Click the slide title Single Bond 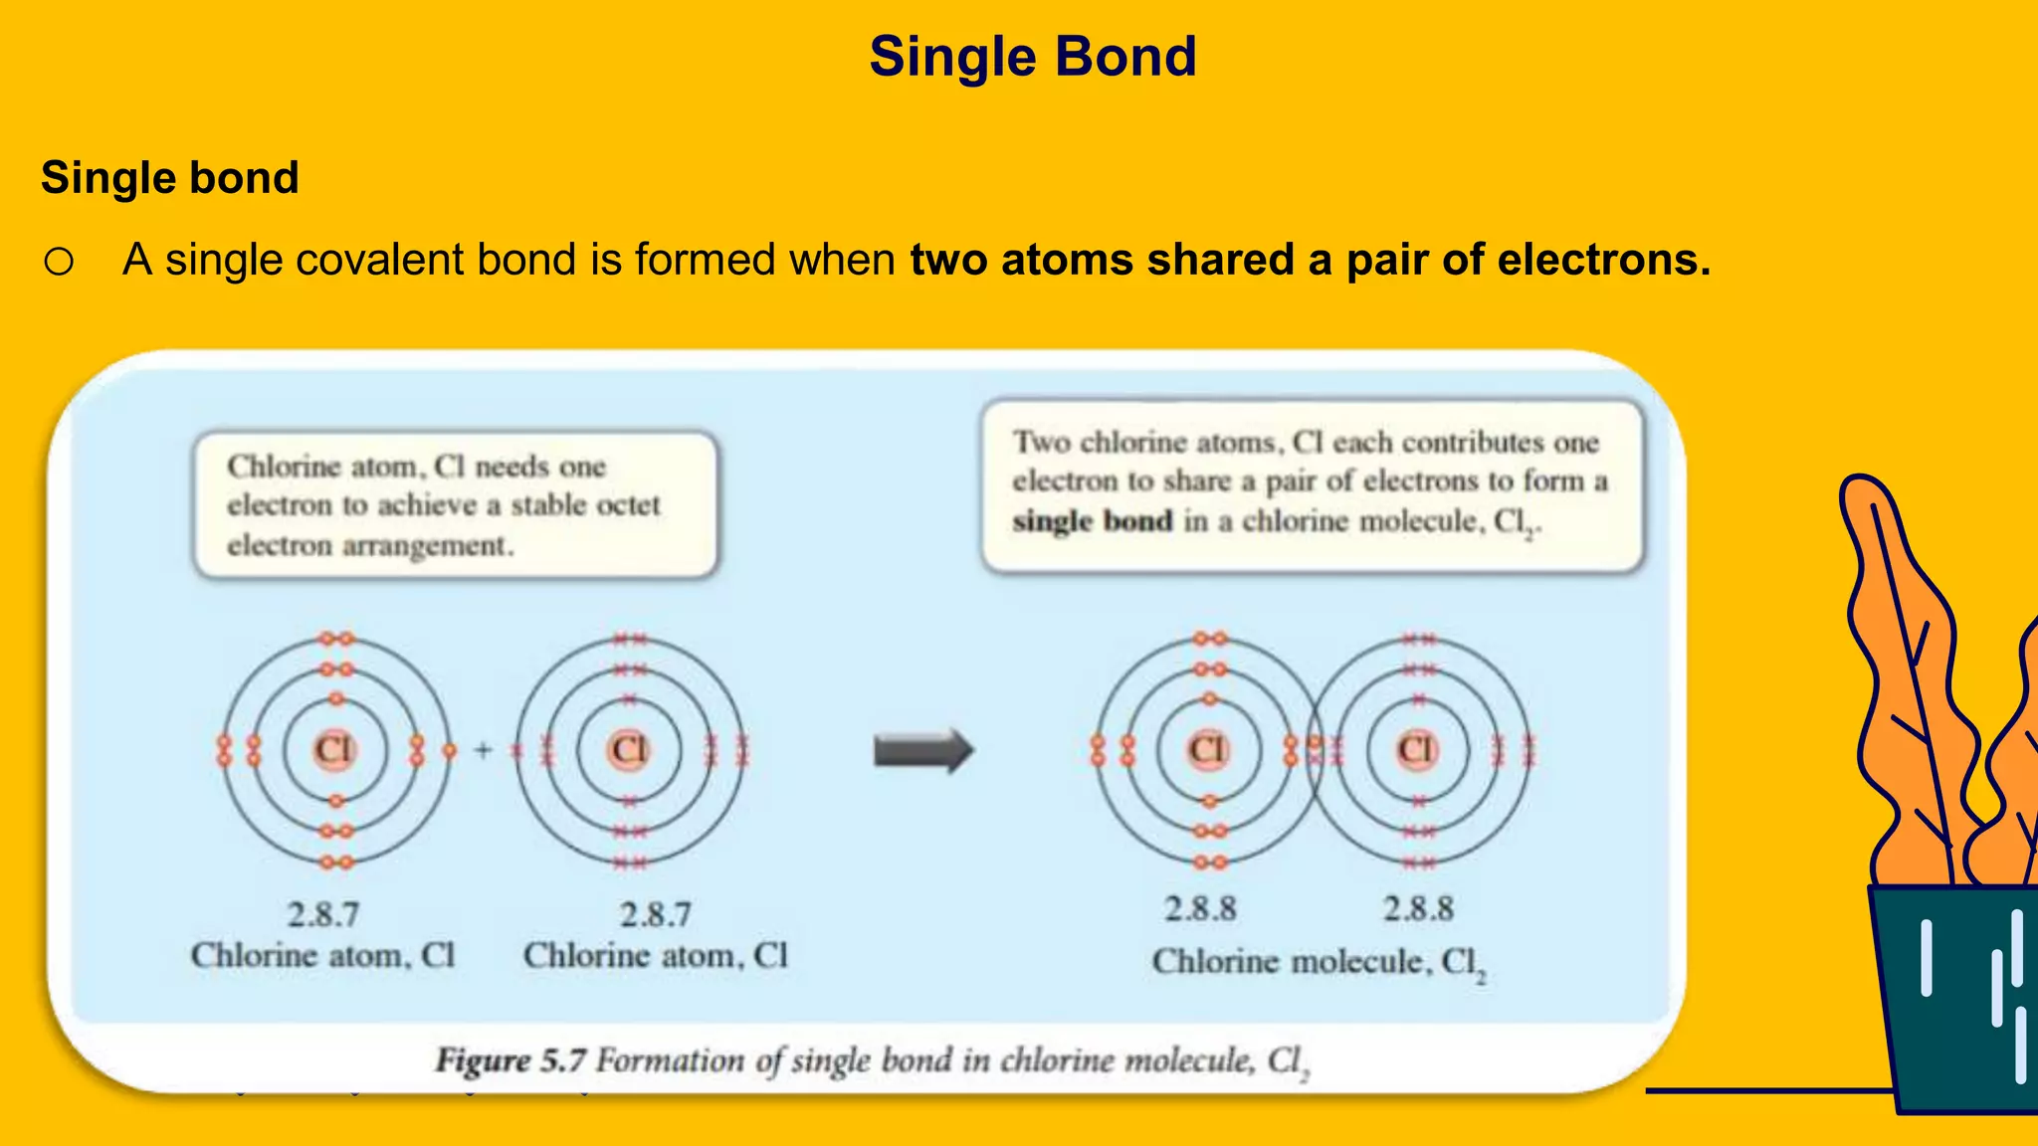(1032, 57)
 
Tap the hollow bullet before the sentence (59, 262)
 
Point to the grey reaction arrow (922, 751)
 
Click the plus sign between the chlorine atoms (484, 750)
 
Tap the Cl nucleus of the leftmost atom (334, 749)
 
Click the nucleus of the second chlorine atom (630, 749)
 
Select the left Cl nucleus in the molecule (1208, 749)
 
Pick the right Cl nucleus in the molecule (1417, 749)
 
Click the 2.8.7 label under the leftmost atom (323, 914)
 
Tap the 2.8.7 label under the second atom (656, 914)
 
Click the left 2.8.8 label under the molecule (1200, 908)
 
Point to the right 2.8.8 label (1418, 908)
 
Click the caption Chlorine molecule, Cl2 (1318, 962)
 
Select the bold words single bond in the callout (1093, 521)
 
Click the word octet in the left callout (622, 505)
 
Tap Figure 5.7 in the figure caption (510, 1060)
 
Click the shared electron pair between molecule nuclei (1314, 750)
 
